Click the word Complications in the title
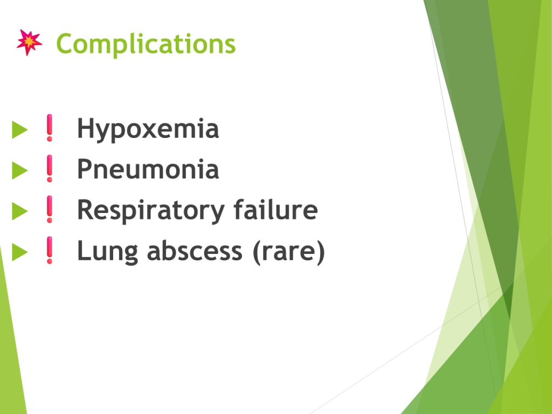(x=146, y=44)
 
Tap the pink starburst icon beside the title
(x=30, y=42)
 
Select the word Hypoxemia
(x=148, y=129)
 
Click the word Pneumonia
(x=148, y=169)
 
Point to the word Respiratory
(x=151, y=211)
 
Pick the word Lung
(x=107, y=251)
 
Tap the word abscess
(x=195, y=251)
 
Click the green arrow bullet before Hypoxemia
(x=20, y=129)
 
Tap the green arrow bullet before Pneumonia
(x=20, y=170)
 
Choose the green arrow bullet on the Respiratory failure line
(x=20, y=211)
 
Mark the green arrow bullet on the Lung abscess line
(x=20, y=252)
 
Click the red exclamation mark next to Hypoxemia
(x=50, y=128)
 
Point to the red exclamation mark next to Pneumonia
(x=50, y=169)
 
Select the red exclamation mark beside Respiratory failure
(x=50, y=210)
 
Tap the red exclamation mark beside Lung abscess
(x=50, y=250)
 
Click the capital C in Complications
(x=65, y=44)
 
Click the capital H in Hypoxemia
(x=85, y=128)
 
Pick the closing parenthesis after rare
(x=320, y=252)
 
